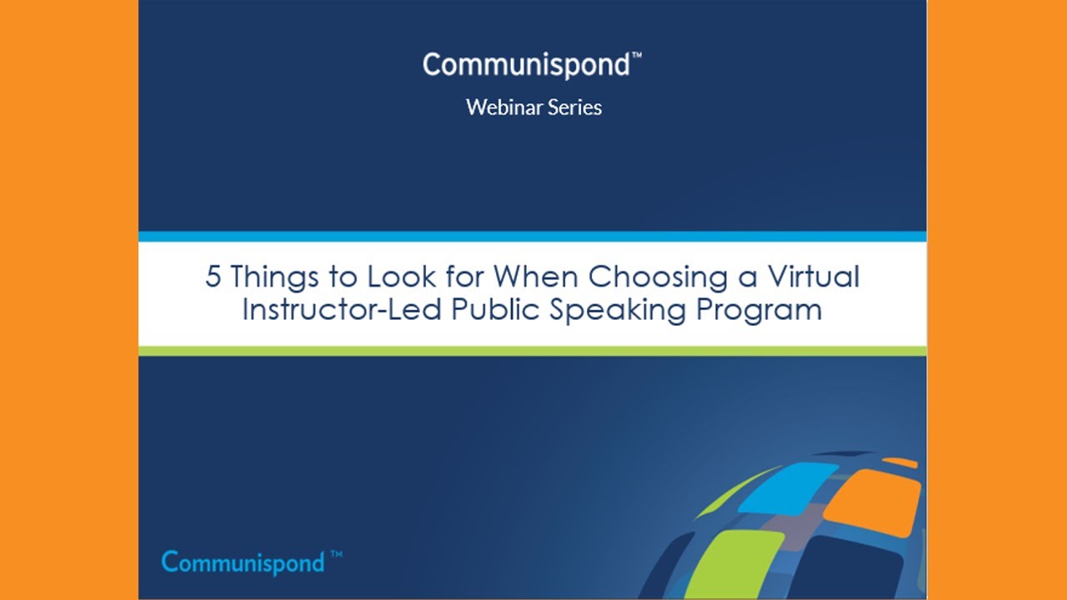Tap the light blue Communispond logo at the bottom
click(x=243, y=562)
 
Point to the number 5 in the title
click(x=213, y=277)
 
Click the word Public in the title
click(x=495, y=309)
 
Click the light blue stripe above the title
click(x=533, y=237)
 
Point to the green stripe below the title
click(x=533, y=351)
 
